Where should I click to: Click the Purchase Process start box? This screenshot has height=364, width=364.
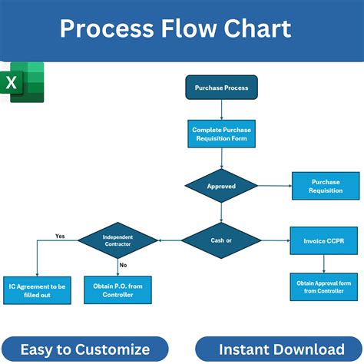point(221,88)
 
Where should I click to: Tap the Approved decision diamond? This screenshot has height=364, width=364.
point(221,186)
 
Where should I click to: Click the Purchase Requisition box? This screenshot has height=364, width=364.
point(326,186)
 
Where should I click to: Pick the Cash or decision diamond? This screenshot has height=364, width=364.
point(221,240)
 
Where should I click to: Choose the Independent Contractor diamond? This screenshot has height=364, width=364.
point(117,240)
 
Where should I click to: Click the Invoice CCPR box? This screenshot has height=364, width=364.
point(324,240)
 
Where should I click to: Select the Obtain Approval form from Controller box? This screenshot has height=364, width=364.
point(324,287)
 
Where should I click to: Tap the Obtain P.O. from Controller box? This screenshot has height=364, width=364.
point(117,290)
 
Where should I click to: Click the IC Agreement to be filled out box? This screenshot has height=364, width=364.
point(37,290)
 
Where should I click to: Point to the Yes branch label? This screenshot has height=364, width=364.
point(60,236)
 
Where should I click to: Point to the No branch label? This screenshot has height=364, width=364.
point(123,264)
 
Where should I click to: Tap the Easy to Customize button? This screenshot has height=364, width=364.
point(85,349)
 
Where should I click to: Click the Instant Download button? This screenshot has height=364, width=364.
point(279,349)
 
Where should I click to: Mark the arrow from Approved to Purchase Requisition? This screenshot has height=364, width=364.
point(274,186)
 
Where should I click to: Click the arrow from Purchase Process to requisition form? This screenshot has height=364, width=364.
point(221,109)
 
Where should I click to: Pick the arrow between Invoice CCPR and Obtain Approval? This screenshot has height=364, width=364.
point(324,263)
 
